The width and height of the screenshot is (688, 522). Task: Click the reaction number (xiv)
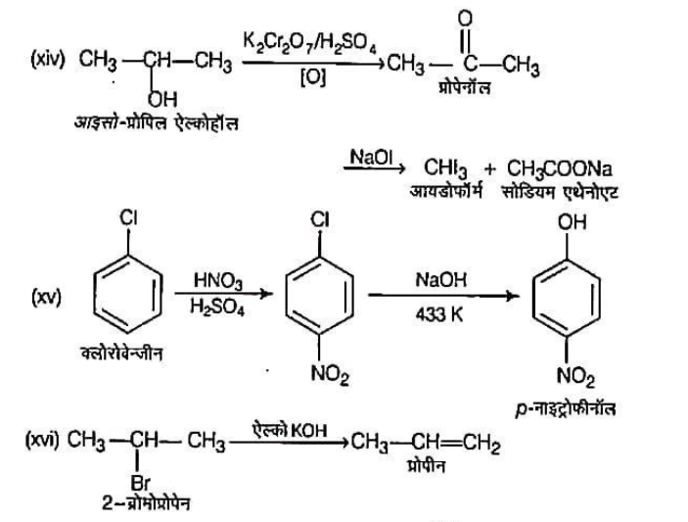[x=52, y=66]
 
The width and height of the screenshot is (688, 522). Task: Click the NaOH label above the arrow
[x=432, y=279]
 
